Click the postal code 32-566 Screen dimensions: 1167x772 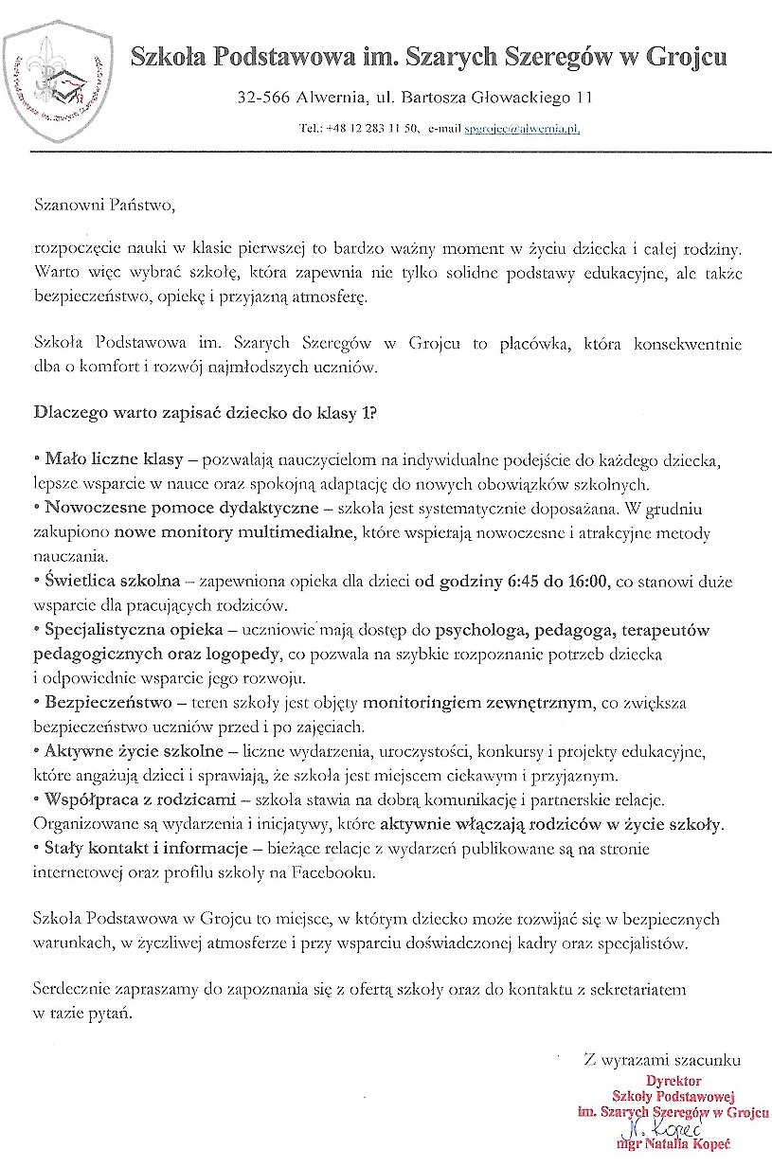pos(262,98)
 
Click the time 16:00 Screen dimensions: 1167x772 pos(585,582)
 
